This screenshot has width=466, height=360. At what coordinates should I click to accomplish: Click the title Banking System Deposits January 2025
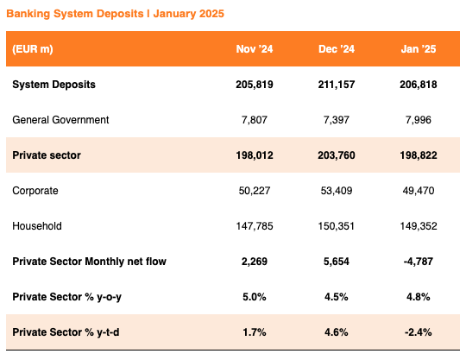(x=115, y=14)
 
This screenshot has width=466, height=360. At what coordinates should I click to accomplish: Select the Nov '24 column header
(x=255, y=48)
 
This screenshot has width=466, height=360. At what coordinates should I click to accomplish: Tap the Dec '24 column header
(x=337, y=48)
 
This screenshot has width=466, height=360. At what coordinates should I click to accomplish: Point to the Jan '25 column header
(x=419, y=48)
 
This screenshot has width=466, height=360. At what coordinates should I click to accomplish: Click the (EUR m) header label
(x=33, y=49)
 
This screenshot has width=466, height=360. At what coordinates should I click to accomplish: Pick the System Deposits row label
(x=54, y=85)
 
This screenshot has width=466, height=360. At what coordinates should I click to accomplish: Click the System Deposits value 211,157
(x=337, y=85)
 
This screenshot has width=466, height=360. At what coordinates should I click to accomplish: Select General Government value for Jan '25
(x=419, y=120)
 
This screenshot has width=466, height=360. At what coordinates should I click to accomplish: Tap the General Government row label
(x=60, y=120)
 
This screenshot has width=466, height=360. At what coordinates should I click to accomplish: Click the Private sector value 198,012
(x=255, y=155)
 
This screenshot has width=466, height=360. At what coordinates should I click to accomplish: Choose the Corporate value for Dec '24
(x=337, y=191)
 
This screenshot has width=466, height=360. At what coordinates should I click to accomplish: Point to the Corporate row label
(x=35, y=191)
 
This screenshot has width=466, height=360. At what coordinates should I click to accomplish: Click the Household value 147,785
(x=255, y=226)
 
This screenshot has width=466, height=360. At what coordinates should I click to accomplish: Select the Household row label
(x=37, y=226)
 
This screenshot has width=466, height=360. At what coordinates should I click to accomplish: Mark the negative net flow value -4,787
(x=419, y=262)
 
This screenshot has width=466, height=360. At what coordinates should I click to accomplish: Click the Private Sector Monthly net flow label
(x=89, y=262)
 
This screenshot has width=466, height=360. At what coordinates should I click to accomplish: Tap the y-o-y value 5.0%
(x=255, y=297)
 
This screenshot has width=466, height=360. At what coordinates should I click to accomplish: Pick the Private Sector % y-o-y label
(x=66, y=297)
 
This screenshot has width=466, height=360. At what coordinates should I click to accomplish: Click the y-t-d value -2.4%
(x=419, y=332)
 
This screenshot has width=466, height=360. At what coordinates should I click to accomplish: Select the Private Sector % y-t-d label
(x=66, y=332)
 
